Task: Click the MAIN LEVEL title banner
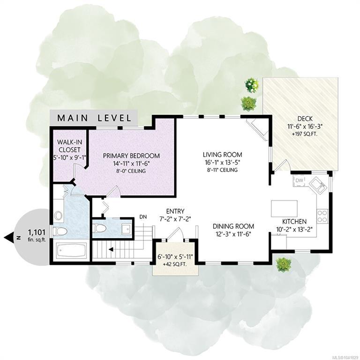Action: [x=94, y=118]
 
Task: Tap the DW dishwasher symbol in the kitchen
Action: [x=299, y=180]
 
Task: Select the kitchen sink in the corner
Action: [x=318, y=186]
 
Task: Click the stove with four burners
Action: [x=322, y=216]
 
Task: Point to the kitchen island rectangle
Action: [x=284, y=209]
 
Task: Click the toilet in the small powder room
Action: [x=99, y=228]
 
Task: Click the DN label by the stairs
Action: [x=143, y=217]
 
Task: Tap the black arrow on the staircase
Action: [x=111, y=249]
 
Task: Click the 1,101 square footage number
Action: [x=36, y=232]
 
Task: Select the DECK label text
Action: [x=305, y=119]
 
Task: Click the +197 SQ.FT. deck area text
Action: [x=305, y=134]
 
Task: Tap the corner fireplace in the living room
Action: [x=257, y=129]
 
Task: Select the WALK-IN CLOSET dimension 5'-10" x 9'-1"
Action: [x=69, y=157]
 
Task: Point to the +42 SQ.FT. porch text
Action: [x=175, y=264]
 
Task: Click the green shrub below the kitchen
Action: [x=283, y=264]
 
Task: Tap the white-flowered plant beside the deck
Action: [x=252, y=85]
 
